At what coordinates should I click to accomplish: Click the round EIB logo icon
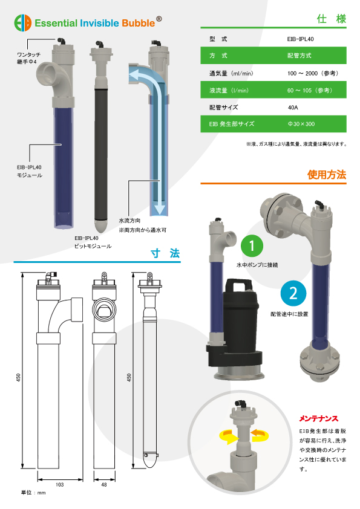(23, 23)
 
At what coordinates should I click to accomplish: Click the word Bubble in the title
(139, 23)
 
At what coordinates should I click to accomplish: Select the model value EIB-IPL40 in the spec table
(300, 39)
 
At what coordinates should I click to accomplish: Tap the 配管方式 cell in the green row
(299, 56)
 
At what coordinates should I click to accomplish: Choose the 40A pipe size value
(292, 108)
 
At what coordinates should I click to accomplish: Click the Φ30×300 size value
(301, 124)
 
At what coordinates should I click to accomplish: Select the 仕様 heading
(332, 19)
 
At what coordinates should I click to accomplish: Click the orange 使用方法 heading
(327, 175)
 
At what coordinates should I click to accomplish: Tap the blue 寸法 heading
(165, 253)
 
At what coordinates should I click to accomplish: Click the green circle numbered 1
(252, 245)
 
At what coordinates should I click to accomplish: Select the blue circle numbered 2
(293, 293)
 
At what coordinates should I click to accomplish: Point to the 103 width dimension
(60, 485)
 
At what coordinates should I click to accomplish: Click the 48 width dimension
(104, 485)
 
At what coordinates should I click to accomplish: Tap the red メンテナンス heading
(318, 418)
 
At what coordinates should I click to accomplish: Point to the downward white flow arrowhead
(159, 209)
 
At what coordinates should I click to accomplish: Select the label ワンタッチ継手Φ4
(29, 58)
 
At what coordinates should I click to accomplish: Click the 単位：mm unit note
(33, 493)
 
